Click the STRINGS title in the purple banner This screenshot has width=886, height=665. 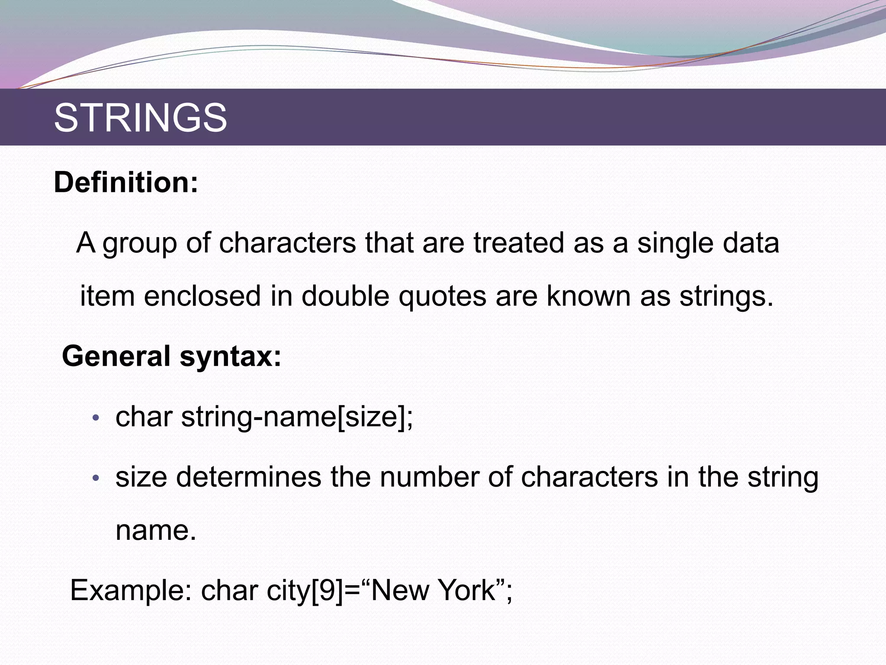[x=140, y=118]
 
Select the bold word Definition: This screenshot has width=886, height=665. [x=126, y=183]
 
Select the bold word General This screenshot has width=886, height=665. [x=116, y=356]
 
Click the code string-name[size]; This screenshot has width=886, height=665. [x=297, y=418]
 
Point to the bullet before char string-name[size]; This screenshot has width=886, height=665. [x=96, y=419]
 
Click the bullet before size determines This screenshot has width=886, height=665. [x=96, y=478]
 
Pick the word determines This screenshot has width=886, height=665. [x=248, y=477]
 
